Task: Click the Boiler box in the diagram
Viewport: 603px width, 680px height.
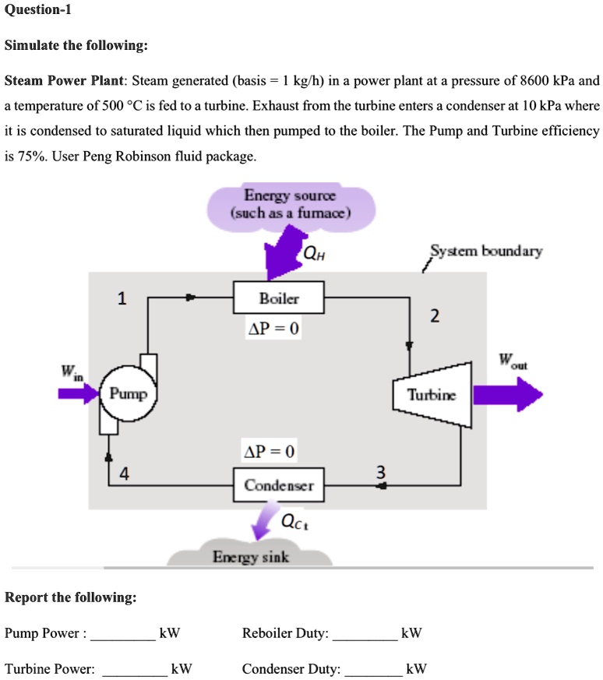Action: tap(279, 298)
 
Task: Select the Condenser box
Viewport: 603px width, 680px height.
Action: tap(279, 485)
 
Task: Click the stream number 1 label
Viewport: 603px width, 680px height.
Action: tap(121, 298)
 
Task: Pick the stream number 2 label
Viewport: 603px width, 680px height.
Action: tap(435, 315)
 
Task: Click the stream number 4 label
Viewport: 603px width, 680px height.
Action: tap(125, 474)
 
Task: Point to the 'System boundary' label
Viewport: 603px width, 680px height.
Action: tap(486, 251)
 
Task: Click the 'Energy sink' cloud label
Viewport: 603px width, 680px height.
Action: tap(251, 557)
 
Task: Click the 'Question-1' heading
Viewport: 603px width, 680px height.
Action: tap(38, 10)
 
